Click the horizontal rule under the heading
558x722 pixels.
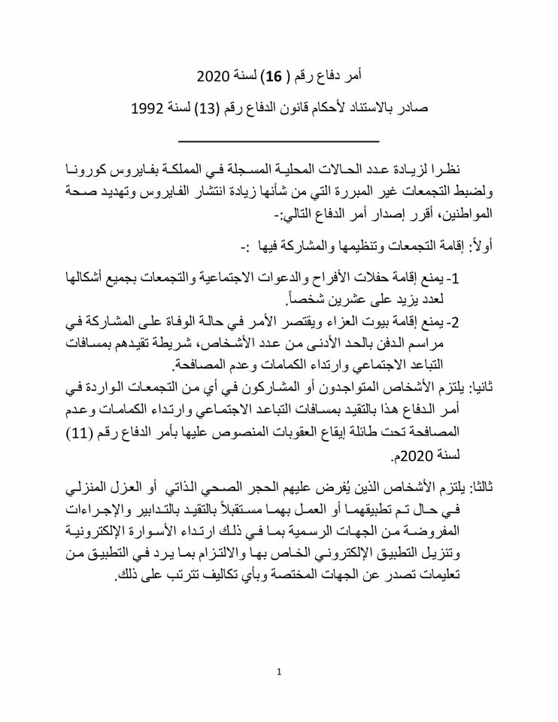click(278, 141)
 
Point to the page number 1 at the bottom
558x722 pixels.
click(278, 672)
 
